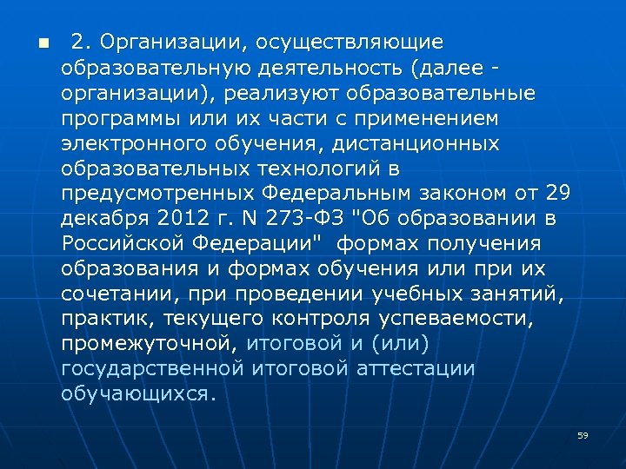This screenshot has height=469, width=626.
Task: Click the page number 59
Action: (583, 435)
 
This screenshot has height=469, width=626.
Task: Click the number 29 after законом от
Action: (557, 193)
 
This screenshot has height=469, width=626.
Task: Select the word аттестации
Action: (416, 368)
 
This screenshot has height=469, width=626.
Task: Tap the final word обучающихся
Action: (137, 393)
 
